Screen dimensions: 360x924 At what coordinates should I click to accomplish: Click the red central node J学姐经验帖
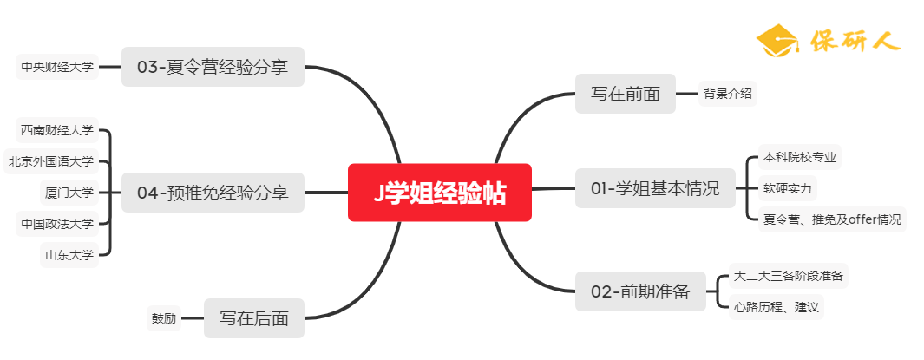pyautogui.click(x=439, y=193)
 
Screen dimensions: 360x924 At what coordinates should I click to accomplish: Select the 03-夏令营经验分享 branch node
pyautogui.click(x=213, y=66)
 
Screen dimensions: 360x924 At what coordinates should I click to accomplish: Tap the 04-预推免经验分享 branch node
pyautogui.click(x=213, y=193)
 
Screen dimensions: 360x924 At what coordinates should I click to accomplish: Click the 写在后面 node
pyautogui.click(x=253, y=318)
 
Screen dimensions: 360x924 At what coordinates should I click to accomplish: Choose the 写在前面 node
pyautogui.click(x=626, y=94)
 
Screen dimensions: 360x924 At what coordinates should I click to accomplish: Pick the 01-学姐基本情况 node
pyautogui.click(x=654, y=188)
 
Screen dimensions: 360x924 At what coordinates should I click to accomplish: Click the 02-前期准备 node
pyautogui.click(x=640, y=291)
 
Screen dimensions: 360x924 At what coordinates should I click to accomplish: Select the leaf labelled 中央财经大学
pyautogui.click(x=57, y=66)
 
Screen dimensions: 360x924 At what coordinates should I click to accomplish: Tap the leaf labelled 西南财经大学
pyautogui.click(x=57, y=130)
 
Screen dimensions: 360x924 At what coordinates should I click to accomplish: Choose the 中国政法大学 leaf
pyautogui.click(x=57, y=224)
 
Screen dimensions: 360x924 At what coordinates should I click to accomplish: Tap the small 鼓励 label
pyautogui.click(x=164, y=318)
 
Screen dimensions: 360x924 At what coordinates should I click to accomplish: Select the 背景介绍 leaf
pyautogui.click(x=727, y=94)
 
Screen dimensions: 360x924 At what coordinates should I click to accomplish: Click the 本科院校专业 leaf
pyautogui.click(x=800, y=158)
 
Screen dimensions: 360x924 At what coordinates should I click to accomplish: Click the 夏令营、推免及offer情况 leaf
pyautogui.click(x=831, y=219)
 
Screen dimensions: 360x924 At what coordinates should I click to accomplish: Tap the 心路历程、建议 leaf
pyautogui.click(x=776, y=306)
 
